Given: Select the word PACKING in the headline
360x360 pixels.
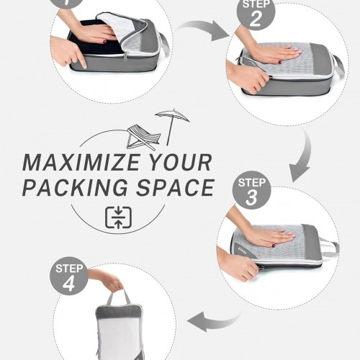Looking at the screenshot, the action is (x=75, y=187).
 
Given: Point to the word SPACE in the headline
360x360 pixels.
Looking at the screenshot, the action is (x=175, y=187).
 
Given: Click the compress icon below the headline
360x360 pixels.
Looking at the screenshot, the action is (x=118, y=217).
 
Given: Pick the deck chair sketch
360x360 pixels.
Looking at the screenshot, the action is (x=143, y=138).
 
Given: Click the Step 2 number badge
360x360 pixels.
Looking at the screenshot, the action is (x=256, y=12).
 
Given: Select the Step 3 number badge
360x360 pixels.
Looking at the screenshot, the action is (x=252, y=190).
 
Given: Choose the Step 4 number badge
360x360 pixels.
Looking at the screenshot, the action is (x=69, y=276).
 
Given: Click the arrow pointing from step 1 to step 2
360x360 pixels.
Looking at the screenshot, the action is (x=204, y=30).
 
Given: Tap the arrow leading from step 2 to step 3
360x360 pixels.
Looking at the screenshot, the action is (x=303, y=156).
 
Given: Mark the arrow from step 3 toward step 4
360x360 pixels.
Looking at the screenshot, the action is (x=214, y=322).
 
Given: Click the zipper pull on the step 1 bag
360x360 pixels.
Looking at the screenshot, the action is (x=125, y=57).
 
